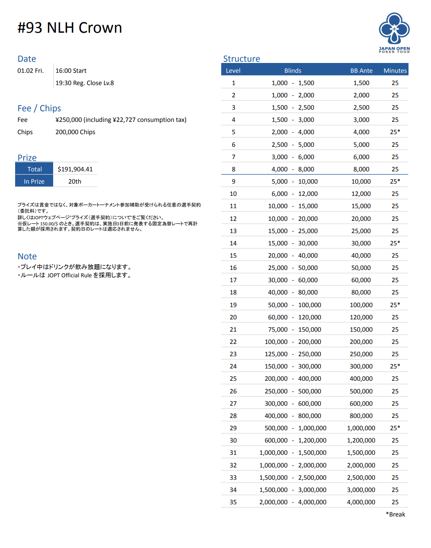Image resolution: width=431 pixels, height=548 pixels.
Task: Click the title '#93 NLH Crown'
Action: click(x=70, y=28)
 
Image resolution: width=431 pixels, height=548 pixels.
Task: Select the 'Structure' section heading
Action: click(x=241, y=59)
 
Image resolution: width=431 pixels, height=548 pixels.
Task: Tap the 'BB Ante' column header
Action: click(x=361, y=71)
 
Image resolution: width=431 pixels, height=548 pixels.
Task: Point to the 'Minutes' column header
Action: click(x=395, y=71)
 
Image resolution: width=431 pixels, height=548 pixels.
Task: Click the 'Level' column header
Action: click(x=233, y=71)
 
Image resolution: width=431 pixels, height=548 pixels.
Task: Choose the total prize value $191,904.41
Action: click(x=75, y=169)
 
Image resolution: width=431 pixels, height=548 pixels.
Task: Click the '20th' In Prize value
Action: click(x=75, y=182)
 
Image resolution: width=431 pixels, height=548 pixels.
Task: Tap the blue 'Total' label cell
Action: click(x=35, y=169)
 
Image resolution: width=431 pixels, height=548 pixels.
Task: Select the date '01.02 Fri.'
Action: click(x=31, y=71)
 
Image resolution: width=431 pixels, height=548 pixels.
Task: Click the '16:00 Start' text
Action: click(x=71, y=71)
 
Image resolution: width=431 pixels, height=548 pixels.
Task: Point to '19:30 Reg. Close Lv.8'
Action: click(x=85, y=83)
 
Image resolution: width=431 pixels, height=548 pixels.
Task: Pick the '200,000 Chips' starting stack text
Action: click(x=75, y=132)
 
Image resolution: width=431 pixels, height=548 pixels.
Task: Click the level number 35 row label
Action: click(x=233, y=502)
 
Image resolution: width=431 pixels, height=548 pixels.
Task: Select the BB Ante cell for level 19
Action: click(x=361, y=305)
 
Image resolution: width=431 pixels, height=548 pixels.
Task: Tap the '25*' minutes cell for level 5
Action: click(x=395, y=132)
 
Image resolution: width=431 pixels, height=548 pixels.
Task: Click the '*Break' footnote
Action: click(x=395, y=514)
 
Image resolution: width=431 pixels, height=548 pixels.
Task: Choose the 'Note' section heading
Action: click(x=27, y=256)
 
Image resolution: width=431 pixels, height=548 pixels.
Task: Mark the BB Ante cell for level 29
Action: click(x=361, y=428)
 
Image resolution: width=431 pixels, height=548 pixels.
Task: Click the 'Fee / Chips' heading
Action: click(x=39, y=108)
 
